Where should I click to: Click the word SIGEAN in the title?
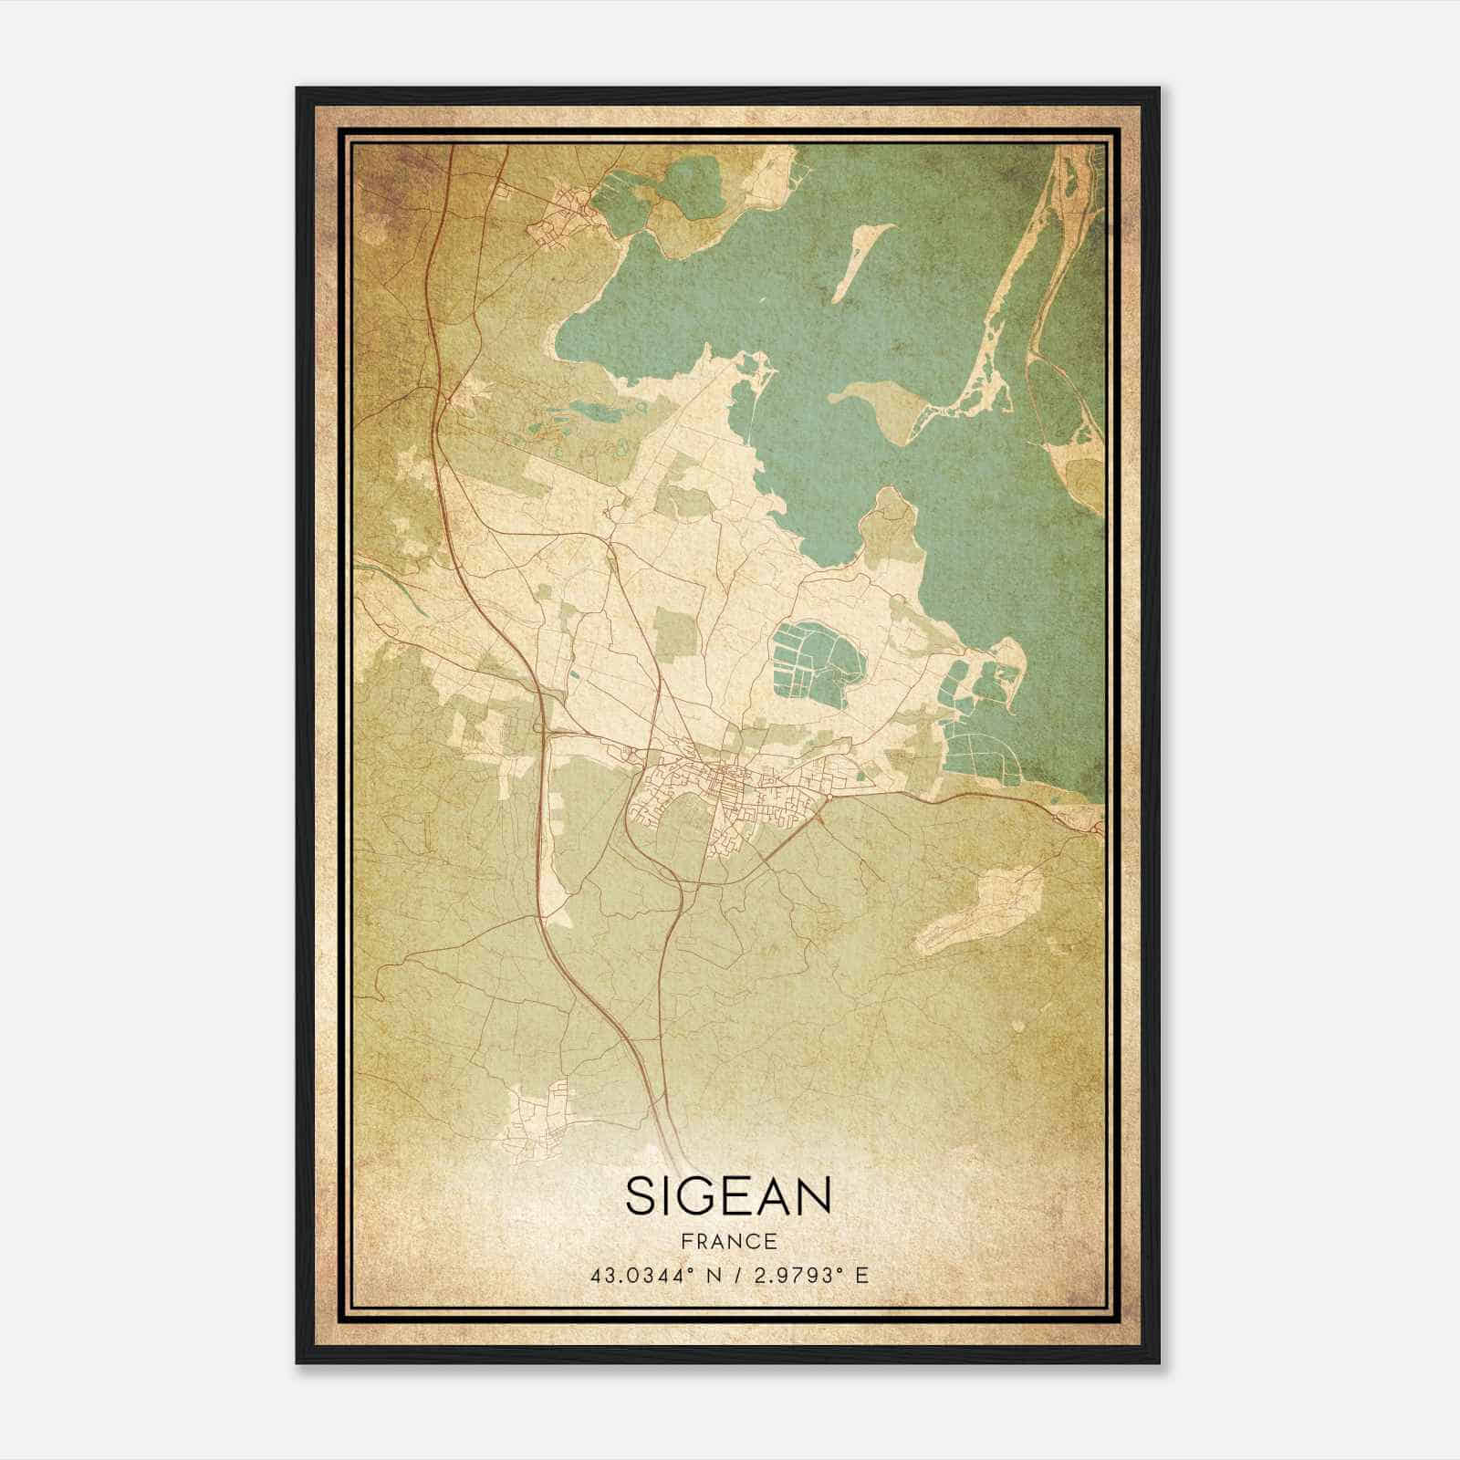coord(728,1196)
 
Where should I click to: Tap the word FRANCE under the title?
coord(728,1241)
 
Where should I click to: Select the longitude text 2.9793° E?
coord(808,1275)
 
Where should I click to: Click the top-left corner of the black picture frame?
coord(298,89)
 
